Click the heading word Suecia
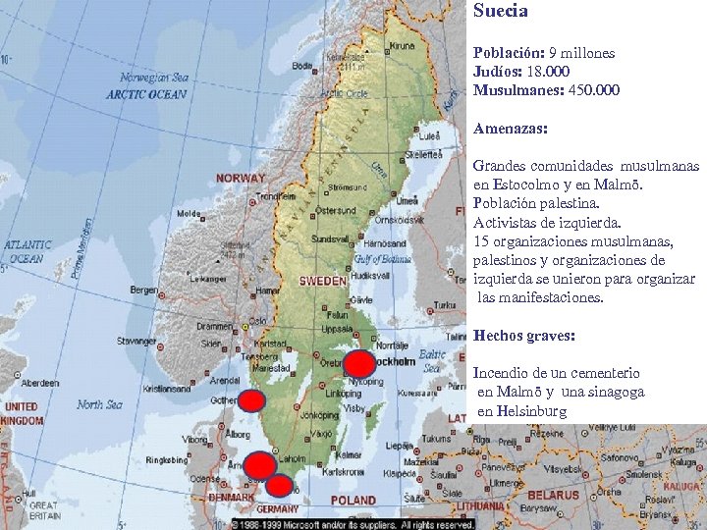[x=501, y=12]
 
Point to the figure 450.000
[x=593, y=90]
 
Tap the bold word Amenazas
[x=511, y=129]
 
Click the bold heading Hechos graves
[x=524, y=336]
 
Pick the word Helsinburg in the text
[x=521, y=410]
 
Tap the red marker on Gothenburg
[x=252, y=400]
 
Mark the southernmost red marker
[x=280, y=485]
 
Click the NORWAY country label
[x=241, y=179]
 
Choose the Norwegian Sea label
[x=153, y=78]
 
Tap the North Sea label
[x=99, y=404]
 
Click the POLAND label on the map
[x=353, y=501]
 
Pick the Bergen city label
[x=142, y=290]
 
